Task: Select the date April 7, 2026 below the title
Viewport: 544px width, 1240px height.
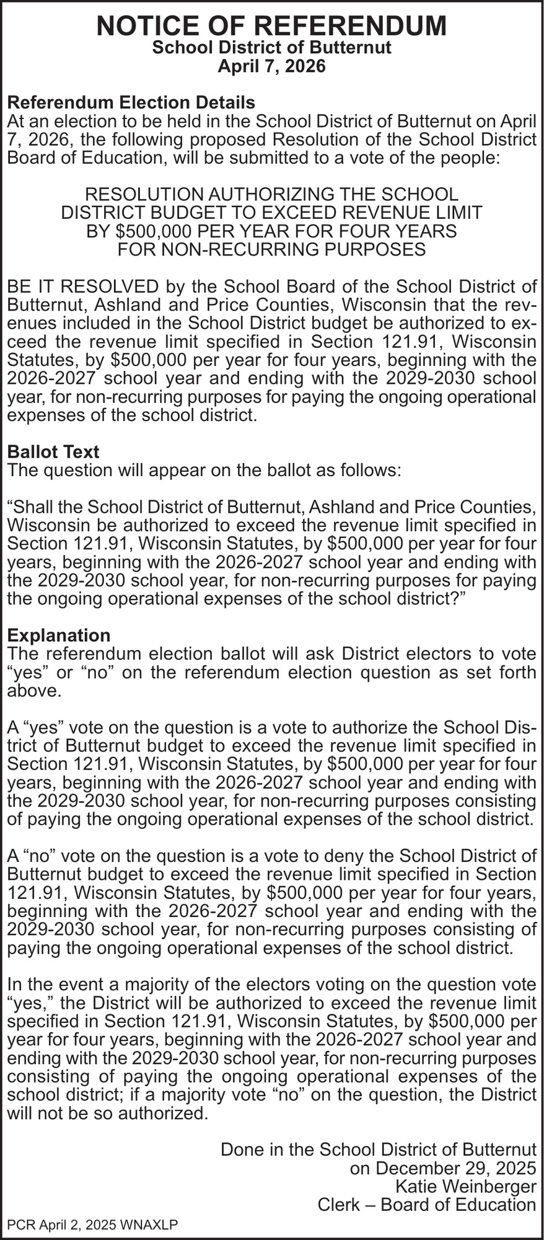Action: click(271, 66)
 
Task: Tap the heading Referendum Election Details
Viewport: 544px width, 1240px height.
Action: click(131, 102)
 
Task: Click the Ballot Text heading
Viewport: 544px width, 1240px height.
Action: click(53, 451)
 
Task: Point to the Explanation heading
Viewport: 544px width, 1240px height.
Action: click(58, 635)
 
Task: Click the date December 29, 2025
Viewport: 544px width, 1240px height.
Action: click(442, 1168)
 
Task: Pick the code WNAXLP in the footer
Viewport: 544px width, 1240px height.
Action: click(151, 1224)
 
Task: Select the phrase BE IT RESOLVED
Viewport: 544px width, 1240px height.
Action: click(82, 286)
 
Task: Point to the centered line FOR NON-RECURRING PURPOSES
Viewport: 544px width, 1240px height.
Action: click(271, 249)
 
